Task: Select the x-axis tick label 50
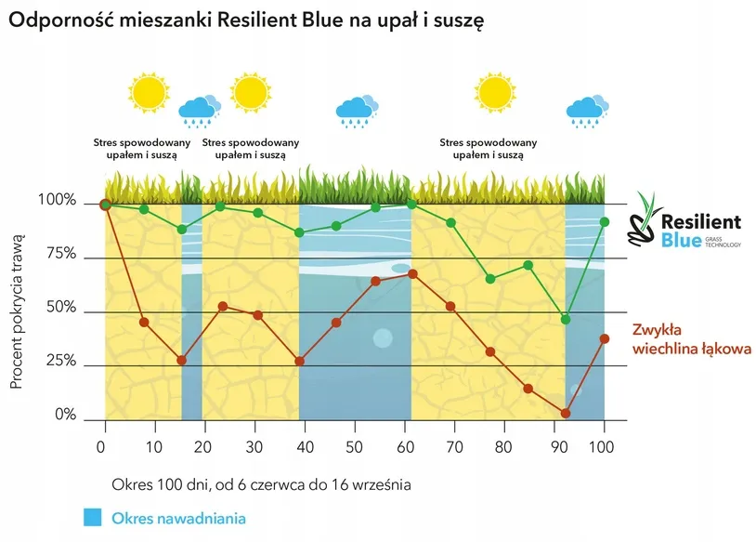click(354, 446)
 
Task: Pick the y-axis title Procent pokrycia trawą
click(18, 311)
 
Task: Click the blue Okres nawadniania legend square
click(91, 517)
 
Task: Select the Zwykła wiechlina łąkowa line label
click(684, 339)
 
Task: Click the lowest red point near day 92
click(566, 414)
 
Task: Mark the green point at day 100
click(605, 221)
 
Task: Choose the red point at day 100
click(605, 338)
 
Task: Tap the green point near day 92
click(566, 320)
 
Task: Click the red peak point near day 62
click(412, 273)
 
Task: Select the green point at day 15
click(182, 230)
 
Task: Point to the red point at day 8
click(144, 322)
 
